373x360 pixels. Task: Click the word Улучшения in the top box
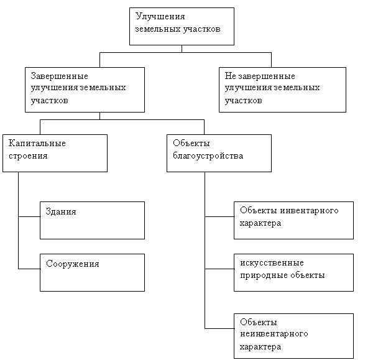point(160,17)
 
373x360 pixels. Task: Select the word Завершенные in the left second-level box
point(60,76)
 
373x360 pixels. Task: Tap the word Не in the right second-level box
point(230,76)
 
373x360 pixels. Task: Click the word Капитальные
point(37,143)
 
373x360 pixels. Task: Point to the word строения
point(28,156)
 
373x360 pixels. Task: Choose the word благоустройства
point(208,156)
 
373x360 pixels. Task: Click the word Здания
point(61,211)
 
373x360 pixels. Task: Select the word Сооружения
point(73,264)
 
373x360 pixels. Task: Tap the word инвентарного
point(309,211)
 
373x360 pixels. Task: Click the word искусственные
point(272,263)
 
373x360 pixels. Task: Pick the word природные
point(260,275)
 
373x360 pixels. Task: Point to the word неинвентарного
point(274,334)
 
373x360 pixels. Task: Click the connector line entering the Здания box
point(29,216)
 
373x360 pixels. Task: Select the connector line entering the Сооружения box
point(29,269)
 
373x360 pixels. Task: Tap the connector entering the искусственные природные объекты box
point(219,269)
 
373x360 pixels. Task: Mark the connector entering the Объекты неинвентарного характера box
point(219,328)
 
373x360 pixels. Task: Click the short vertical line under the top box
point(182,48)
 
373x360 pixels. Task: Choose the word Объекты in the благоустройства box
point(191,143)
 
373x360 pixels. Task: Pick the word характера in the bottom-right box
point(260,347)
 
